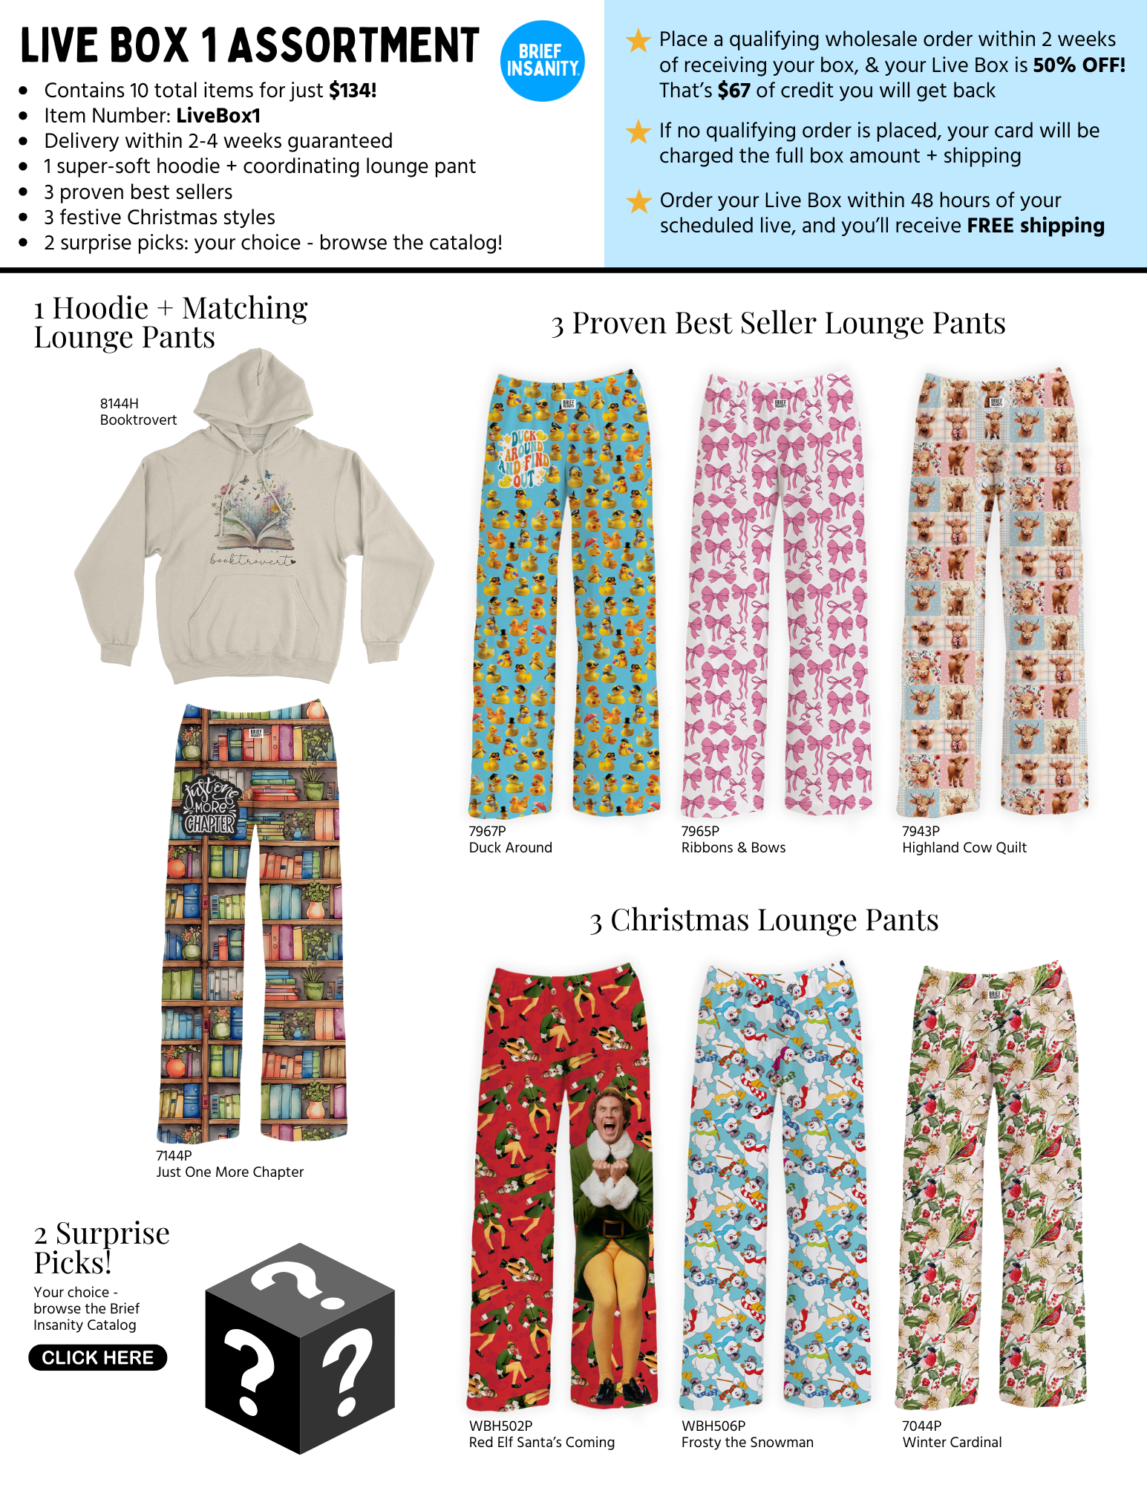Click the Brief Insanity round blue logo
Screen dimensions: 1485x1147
pos(542,61)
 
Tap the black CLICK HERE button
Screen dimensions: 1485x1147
pos(97,1357)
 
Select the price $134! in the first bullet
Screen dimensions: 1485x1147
pos(353,91)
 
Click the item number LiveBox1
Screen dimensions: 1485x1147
pos(218,116)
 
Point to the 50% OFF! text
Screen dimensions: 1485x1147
pos(1079,65)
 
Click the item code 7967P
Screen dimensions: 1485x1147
pos(487,831)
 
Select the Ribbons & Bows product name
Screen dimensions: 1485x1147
pos(733,847)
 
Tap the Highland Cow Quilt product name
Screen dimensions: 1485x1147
pos(964,847)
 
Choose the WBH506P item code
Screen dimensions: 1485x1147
pos(713,1426)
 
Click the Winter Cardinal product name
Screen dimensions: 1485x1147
pos(952,1442)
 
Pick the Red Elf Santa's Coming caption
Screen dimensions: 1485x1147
pos(541,1442)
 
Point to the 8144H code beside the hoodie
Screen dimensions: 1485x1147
pos(120,403)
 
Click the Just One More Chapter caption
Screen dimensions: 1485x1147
pos(229,1172)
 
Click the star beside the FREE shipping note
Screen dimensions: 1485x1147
pos(638,200)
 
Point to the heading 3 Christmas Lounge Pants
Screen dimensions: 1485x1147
pos(764,920)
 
